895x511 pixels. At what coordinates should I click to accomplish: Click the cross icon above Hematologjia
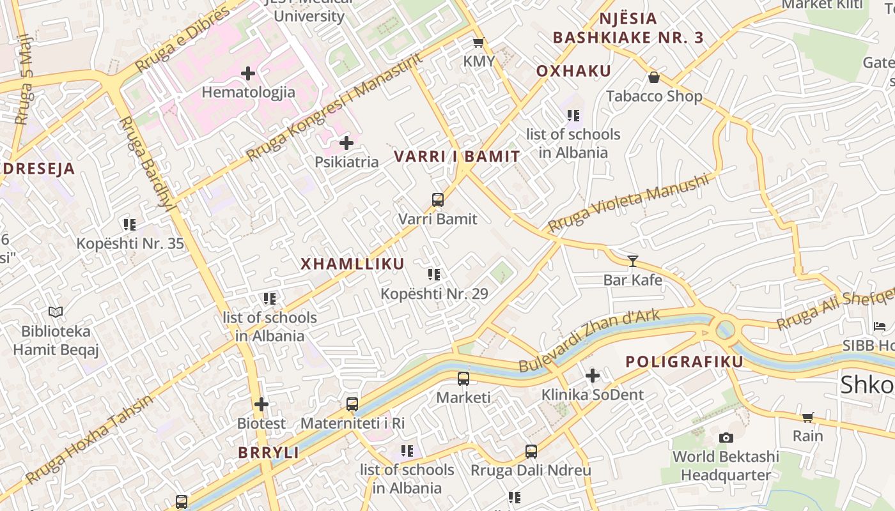248,73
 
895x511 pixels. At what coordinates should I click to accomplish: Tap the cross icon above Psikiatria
346,143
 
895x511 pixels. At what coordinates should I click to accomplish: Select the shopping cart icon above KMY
478,43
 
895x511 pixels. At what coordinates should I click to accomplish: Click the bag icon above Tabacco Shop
654,78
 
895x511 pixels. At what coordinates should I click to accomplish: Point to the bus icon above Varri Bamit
438,200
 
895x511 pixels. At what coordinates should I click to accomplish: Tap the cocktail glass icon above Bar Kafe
633,261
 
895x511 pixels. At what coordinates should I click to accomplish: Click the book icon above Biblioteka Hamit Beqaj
56,312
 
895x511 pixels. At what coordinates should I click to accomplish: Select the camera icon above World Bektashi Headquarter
726,438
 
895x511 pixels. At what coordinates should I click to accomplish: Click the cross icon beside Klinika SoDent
593,376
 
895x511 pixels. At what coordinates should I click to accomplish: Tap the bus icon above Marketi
463,379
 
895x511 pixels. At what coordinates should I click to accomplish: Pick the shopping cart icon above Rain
807,417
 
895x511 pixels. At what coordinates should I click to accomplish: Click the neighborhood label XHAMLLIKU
352,264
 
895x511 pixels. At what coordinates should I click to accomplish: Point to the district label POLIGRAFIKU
684,362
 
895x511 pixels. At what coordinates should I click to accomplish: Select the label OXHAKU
573,71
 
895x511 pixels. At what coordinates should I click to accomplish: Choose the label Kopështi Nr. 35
130,243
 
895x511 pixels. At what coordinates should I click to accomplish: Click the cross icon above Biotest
261,404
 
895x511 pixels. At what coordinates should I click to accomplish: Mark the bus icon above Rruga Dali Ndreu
531,452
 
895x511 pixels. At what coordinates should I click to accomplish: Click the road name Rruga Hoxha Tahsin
89,439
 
